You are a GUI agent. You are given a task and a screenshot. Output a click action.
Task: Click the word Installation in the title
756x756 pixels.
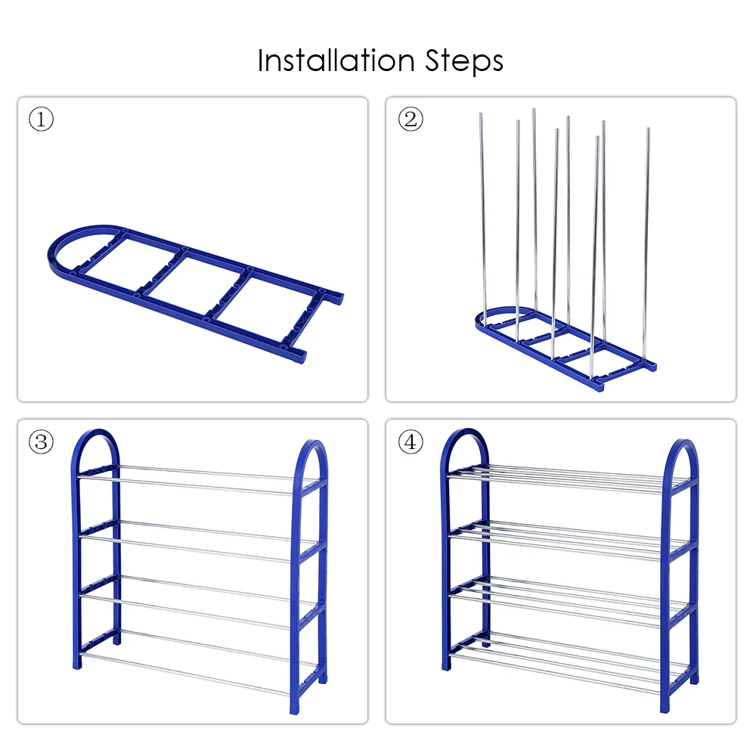pos(336,60)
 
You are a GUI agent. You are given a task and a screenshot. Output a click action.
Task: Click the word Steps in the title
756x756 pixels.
pos(464,62)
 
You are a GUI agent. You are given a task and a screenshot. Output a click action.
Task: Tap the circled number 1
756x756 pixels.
pos(41,119)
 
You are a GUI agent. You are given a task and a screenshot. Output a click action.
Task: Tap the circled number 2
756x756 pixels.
pos(411,119)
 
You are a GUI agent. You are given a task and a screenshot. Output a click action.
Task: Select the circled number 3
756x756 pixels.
pos(41,442)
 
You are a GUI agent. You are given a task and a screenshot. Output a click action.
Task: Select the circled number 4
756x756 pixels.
pos(411,442)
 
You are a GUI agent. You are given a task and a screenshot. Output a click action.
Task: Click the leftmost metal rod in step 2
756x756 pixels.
pos(482,217)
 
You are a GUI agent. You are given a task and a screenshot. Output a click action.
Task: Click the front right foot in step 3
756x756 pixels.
pos(294,709)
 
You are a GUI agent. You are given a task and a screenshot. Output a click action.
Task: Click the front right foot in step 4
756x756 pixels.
pos(665,708)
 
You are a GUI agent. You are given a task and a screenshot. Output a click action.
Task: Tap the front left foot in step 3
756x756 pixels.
pos(77,665)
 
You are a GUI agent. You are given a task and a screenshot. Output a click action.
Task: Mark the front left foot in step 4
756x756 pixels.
pos(448,665)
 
